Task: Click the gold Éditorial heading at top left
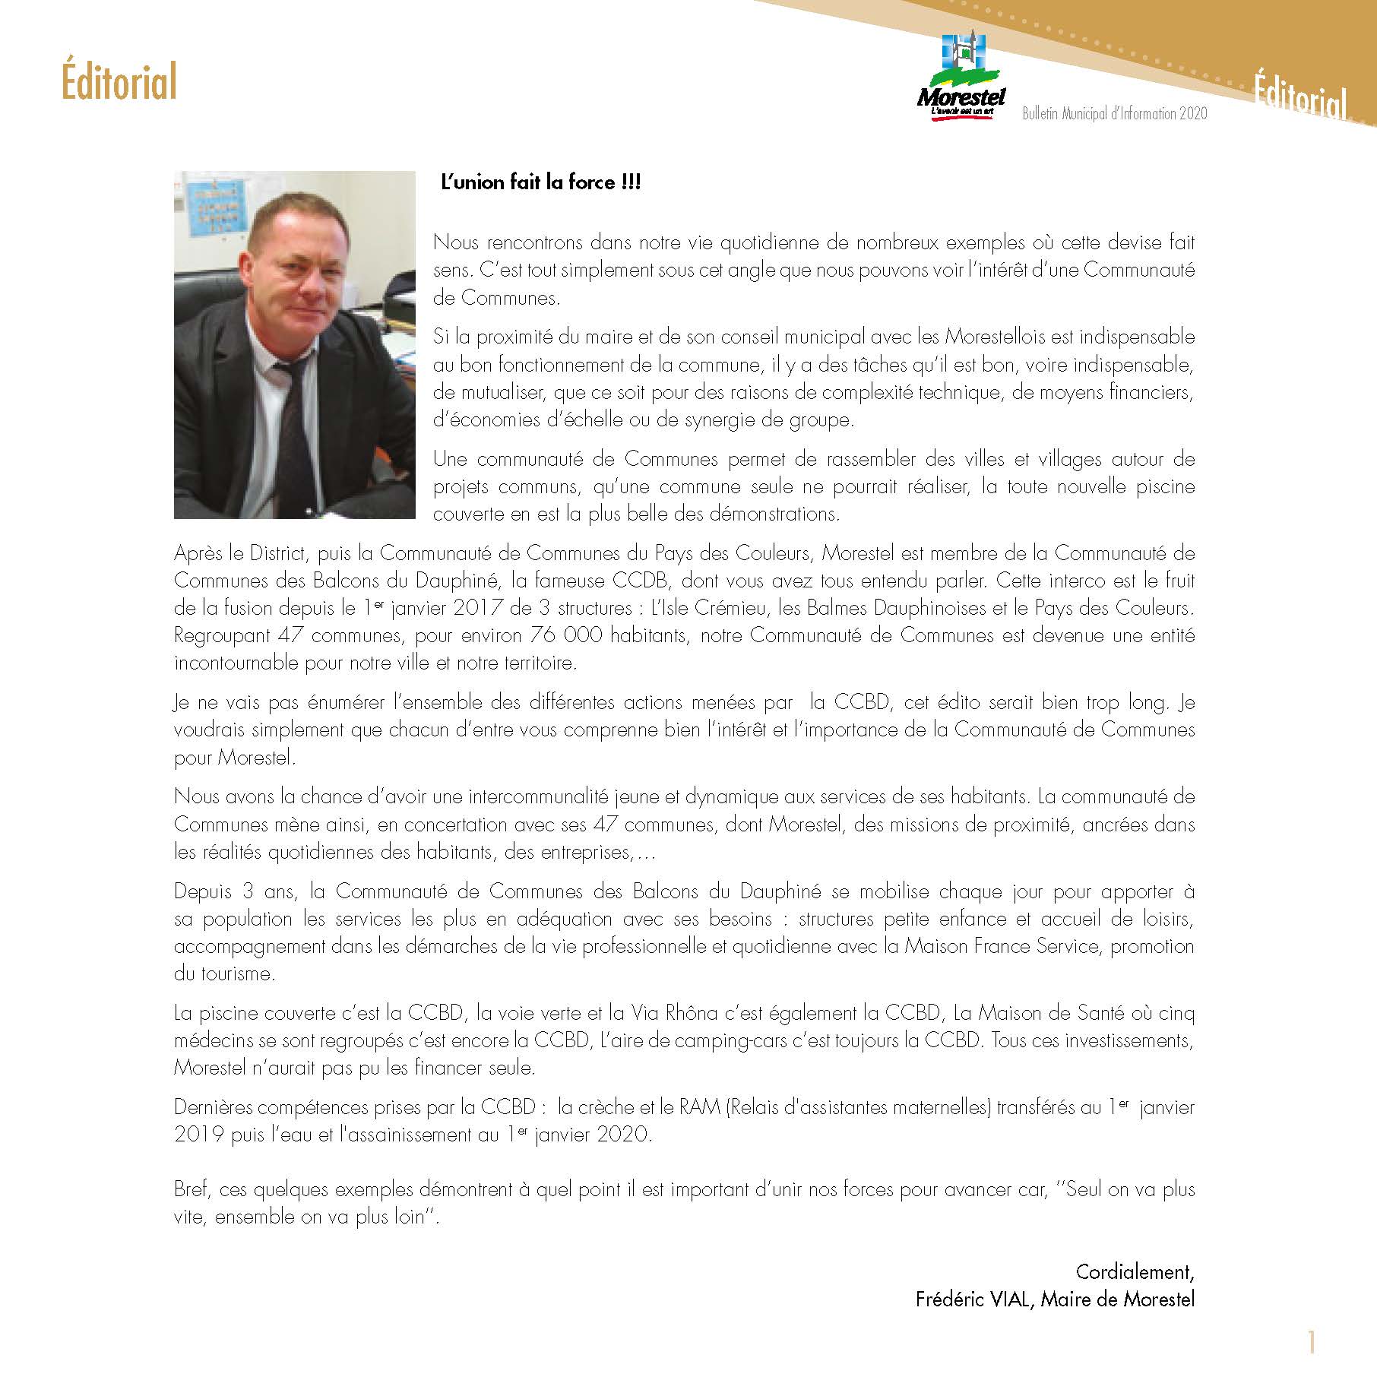(119, 82)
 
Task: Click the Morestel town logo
(961, 79)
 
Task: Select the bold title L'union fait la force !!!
(541, 183)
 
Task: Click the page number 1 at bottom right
(1311, 1343)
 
